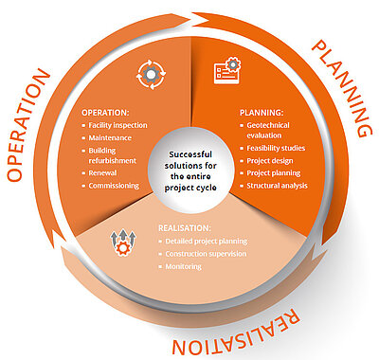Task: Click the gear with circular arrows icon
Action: pyautogui.click(x=152, y=75)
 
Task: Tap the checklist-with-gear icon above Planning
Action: pyautogui.click(x=227, y=70)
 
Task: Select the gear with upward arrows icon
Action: pyautogui.click(x=123, y=243)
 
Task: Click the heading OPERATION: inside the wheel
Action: pyautogui.click(x=105, y=113)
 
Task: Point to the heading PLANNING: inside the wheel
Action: pyautogui.click(x=262, y=113)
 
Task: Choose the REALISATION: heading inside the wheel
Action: pyautogui.click(x=185, y=228)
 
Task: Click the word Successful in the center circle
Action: pyautogui.click(x=190, y=154)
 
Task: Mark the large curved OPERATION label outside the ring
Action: pyautogui.click(x=27, y=125)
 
